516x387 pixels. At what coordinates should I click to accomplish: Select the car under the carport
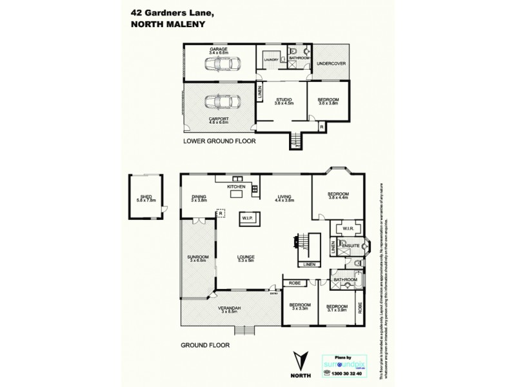tap(219, 103)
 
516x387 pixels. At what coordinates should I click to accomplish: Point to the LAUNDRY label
tap(271, 59)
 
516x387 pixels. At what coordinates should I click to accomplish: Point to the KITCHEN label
tap(235, 187)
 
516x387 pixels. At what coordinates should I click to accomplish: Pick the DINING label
tap(198, 198)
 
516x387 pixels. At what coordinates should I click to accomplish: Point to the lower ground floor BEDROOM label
tap(328, 100)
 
